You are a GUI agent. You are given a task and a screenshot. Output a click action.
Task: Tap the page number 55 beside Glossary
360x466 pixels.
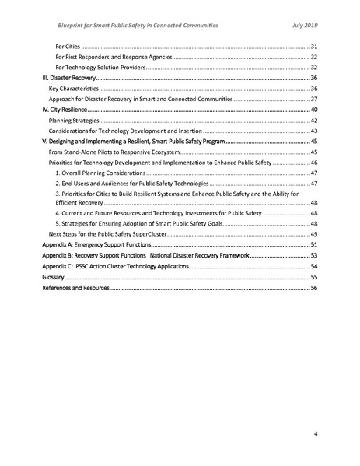click(x=314, y=276)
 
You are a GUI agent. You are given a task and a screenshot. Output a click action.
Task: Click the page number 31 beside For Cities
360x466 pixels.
click(x=314, y=47)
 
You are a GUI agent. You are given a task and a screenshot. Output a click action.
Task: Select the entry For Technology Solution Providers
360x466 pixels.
click(x=100, y=68)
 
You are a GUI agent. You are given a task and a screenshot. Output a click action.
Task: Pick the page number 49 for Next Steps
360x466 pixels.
click(x=314, y=233)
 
